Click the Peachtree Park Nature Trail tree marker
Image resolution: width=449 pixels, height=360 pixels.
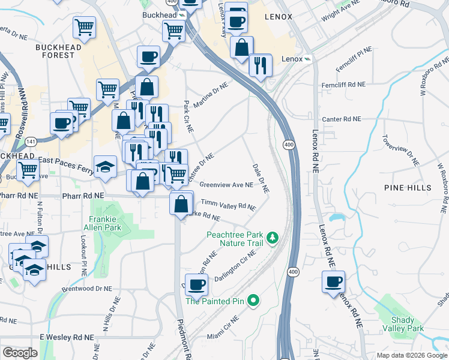[x=273, y=238]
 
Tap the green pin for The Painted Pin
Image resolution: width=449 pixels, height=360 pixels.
[x=253, y=300]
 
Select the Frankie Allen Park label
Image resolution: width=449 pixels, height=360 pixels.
[x=106, y=223]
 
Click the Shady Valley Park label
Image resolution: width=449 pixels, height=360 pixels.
[x=407, y=324]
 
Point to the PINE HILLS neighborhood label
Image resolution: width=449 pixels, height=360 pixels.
[x=408, y=188]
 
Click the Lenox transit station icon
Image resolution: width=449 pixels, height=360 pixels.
[x=308, y=59]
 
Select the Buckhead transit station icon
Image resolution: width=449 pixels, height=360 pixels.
[x=181, y=14]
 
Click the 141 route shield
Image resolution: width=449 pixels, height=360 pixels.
[x=31, y=141]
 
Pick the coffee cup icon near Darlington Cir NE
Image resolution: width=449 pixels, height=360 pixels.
[x=196, y=284]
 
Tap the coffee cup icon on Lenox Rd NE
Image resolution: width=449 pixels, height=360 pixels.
[x=333, y=281]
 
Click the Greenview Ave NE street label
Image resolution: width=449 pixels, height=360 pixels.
[x=226, y=185]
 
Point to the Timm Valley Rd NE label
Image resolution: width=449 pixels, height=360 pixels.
[x=228, y=205]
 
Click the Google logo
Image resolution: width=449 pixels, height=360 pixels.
[x=20, y=353]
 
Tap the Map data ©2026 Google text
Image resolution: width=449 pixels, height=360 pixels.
[x=411, y=355]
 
